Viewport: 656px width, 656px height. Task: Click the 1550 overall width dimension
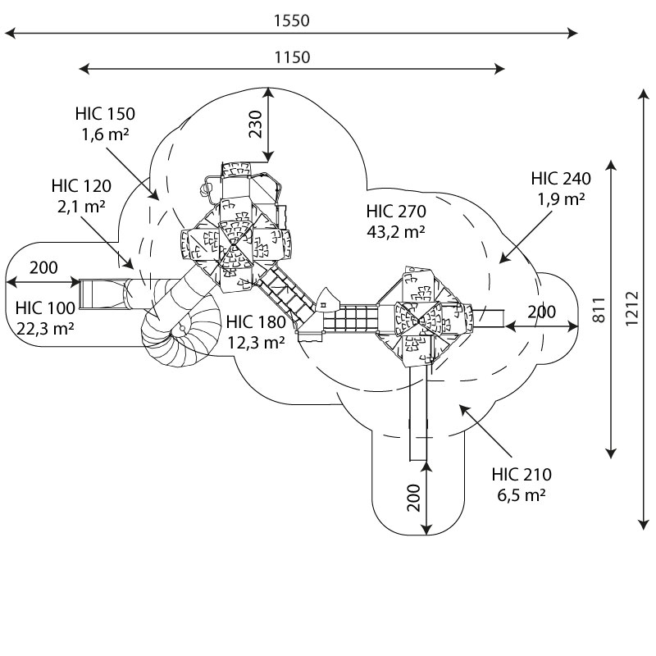[x=292, y=20]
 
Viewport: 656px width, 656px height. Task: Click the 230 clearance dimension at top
[x=256, y=124]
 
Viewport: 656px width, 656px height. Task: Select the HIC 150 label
[x=105, y=114]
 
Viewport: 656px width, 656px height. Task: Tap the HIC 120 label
[x=80, y=185]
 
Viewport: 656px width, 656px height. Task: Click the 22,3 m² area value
[x=46, y=328]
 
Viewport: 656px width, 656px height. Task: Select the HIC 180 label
[x=256, y=322]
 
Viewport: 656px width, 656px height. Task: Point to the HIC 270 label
[x=396, y=212]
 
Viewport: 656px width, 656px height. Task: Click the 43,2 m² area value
[x=396, y=232]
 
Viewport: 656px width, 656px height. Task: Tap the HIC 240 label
[x=561, y=178]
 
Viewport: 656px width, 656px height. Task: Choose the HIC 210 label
[x=522, y=475]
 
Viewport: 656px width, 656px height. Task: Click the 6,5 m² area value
[x=522, y=495]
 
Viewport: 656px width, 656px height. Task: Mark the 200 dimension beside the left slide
[x=43, y=267]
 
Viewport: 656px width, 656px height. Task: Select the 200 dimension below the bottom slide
[x=414, y=498]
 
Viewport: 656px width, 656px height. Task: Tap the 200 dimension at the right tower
[x=541, y=312]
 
